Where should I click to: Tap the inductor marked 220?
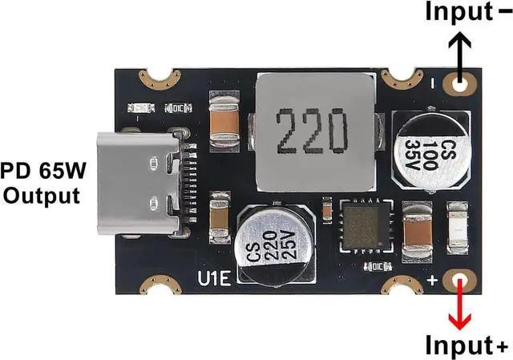313,133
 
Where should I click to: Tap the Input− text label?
458,11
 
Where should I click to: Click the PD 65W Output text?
41,184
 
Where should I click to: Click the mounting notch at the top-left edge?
157,79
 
